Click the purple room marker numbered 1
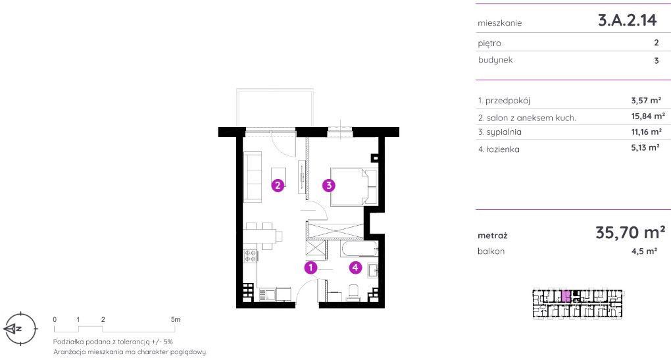point(311,268)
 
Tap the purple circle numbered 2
point(278,186)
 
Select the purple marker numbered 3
point(329,186)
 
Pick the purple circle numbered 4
point(355,268)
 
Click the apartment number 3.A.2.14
point(627,20)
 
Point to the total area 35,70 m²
point(630,232)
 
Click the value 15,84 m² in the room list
point(647,116)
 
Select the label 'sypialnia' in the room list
point(504,132)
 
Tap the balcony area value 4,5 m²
point(644,251)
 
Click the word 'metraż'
point(493,236)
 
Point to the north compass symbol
point(20,329)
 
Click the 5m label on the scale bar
point(176,319)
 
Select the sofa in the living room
point(253,177)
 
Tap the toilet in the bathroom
point(354,292)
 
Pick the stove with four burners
point(250,257)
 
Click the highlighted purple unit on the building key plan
point(566,296)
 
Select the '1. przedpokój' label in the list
point(504,101)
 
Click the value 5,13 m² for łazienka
point(645,147)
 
